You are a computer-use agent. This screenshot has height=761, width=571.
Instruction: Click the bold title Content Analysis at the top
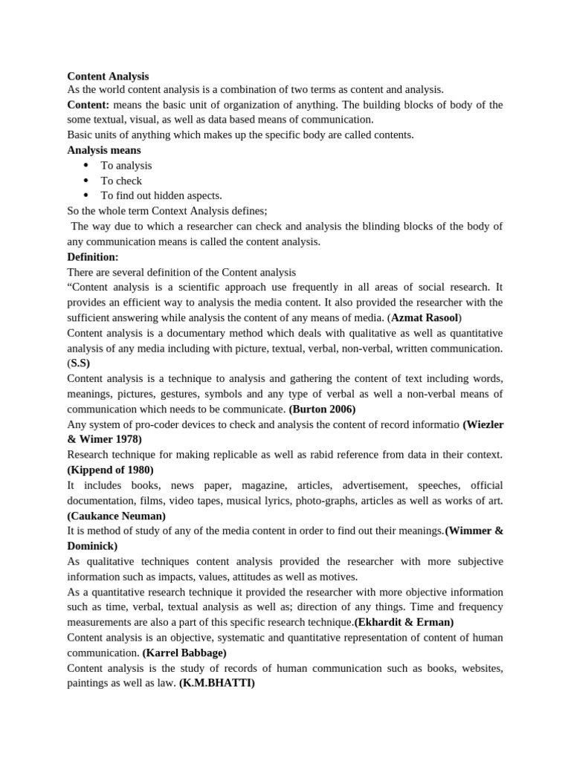click(x=108, y=76)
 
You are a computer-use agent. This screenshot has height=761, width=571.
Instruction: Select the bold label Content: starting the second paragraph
click(x=88, y=105)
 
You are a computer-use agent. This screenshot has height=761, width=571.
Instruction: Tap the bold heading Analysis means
click(x=99, y=149)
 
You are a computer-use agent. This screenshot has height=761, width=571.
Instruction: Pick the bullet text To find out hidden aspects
click(x=161, y=195)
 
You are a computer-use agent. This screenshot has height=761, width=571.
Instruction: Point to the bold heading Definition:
click(x=93, y=256)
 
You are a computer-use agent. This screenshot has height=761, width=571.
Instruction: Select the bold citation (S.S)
click(x=78, y=363)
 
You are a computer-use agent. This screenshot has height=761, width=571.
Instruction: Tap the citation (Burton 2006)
click(x=322, y=409)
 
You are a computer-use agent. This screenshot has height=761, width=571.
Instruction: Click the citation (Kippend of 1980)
click(x=110, y=469)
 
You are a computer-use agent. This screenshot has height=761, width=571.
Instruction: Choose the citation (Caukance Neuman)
click(x=116, y=515)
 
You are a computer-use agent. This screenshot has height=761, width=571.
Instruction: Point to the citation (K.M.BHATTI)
click(x=217, y=684)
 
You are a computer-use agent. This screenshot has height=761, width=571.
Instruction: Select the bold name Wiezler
click(x=483, y=424)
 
